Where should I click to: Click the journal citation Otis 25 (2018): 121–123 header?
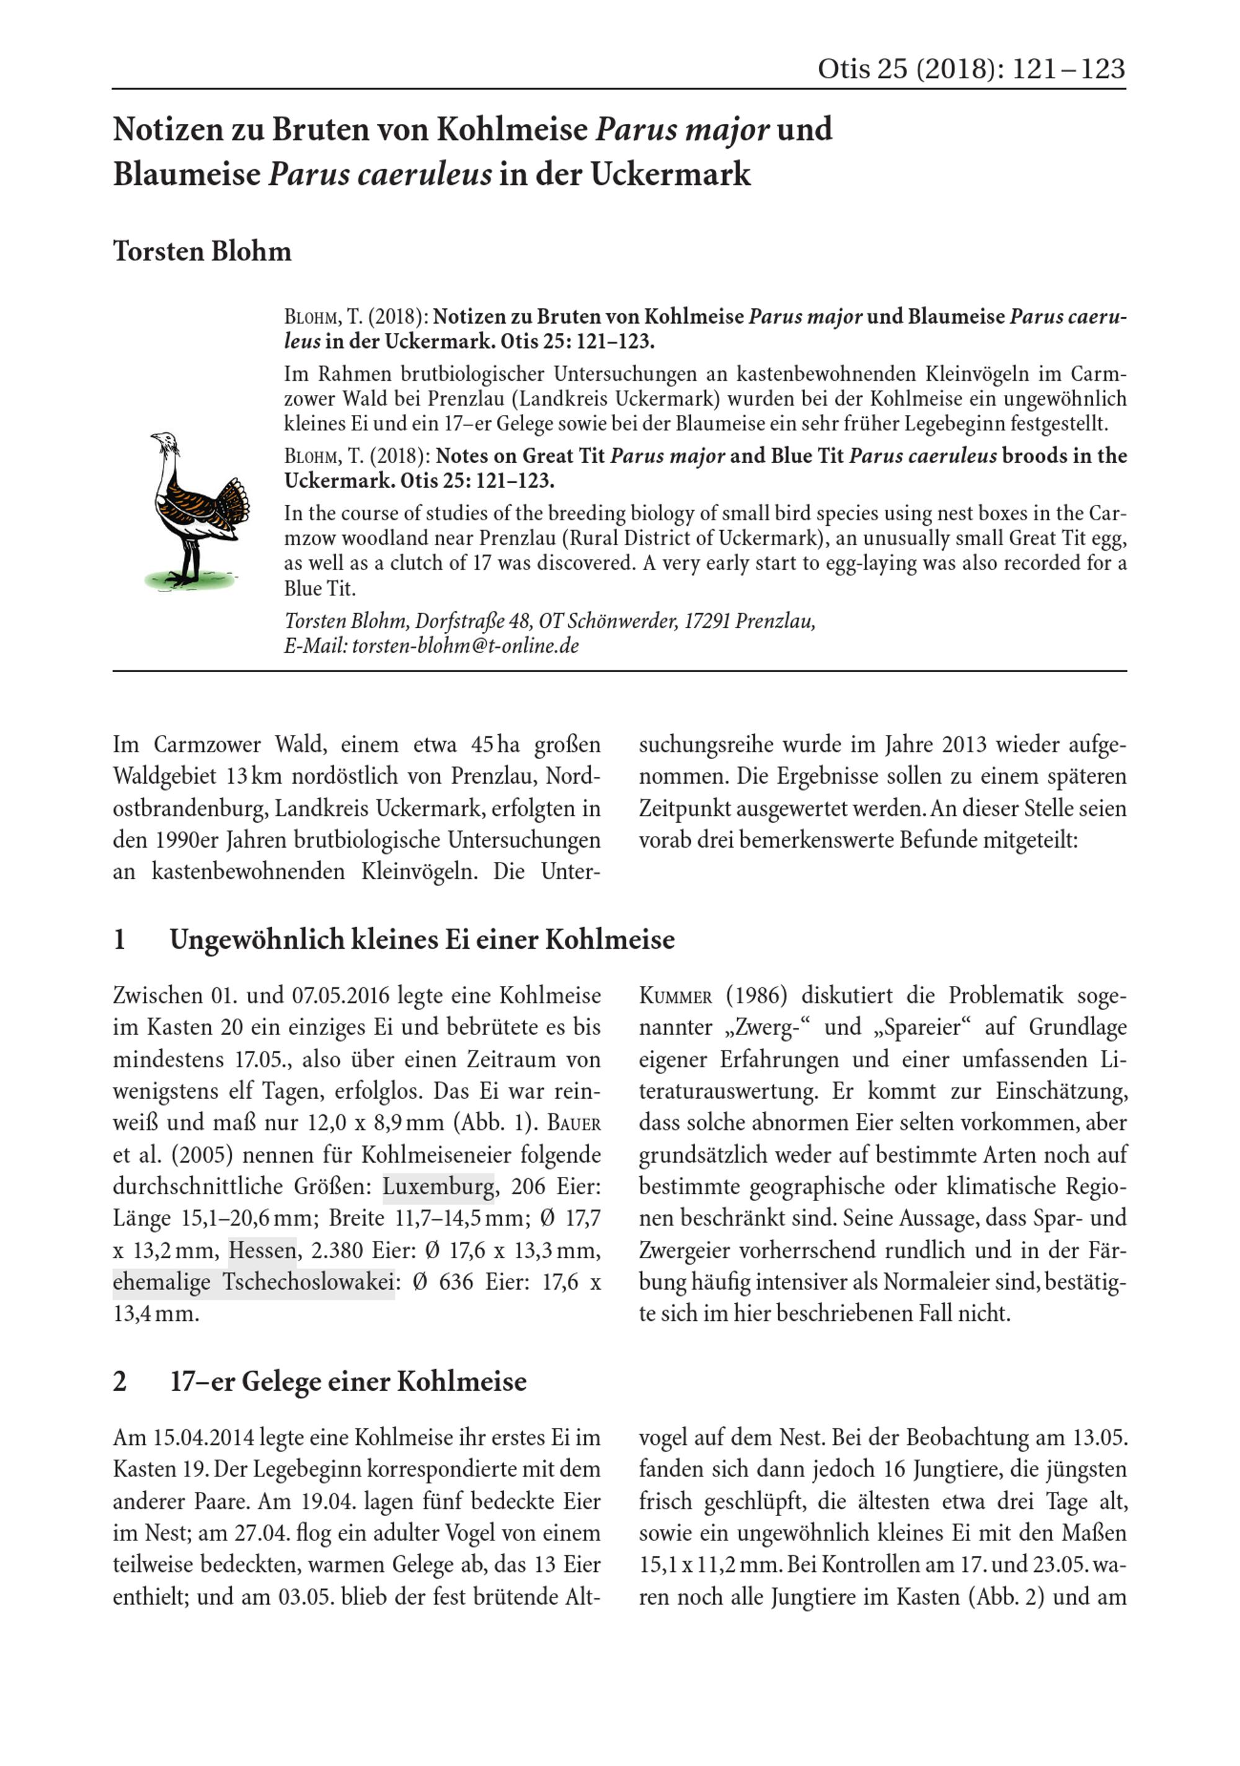970,69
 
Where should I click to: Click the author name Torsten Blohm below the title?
202,252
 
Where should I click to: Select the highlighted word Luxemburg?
438,1186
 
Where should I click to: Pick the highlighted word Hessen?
262,1250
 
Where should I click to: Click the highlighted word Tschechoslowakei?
309,1282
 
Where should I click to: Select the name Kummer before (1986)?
675,996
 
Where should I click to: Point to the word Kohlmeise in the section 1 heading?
610,939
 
